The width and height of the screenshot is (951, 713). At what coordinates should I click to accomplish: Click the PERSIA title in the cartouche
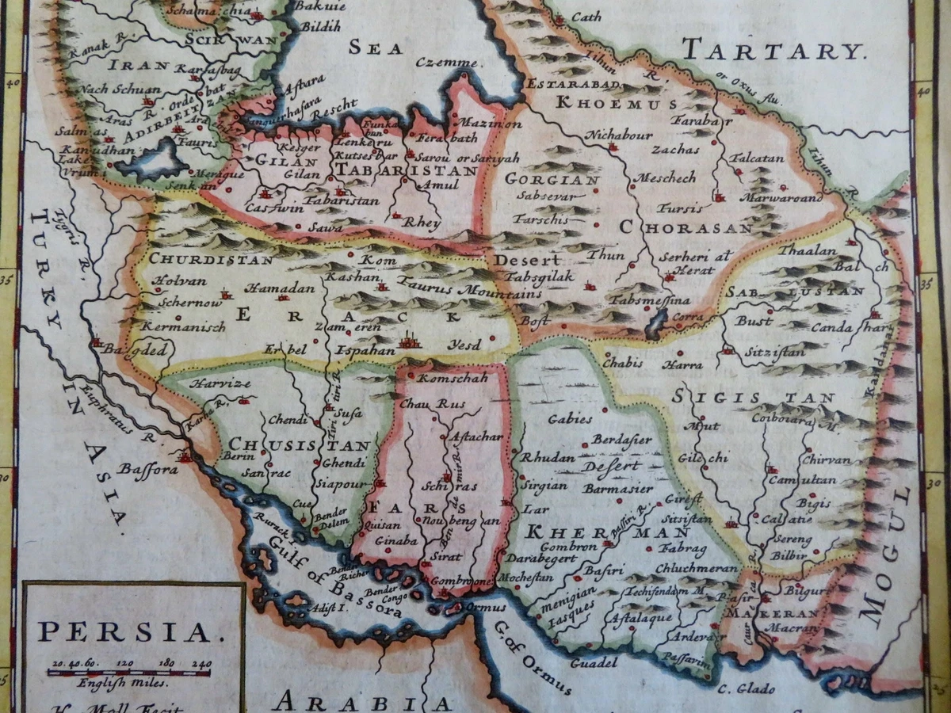(125, 631)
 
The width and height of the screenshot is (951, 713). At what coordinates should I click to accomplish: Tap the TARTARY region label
(771, 51)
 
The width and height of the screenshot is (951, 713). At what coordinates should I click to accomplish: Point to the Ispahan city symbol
(409, 342)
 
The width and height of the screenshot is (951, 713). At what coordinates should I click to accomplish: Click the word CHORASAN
(685, 227)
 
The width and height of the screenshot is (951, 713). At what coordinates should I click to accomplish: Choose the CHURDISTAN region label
(211, 259)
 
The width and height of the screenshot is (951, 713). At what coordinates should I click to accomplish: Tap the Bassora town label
(148, 469)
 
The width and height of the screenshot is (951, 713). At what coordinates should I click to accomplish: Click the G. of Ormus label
(533, 658)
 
